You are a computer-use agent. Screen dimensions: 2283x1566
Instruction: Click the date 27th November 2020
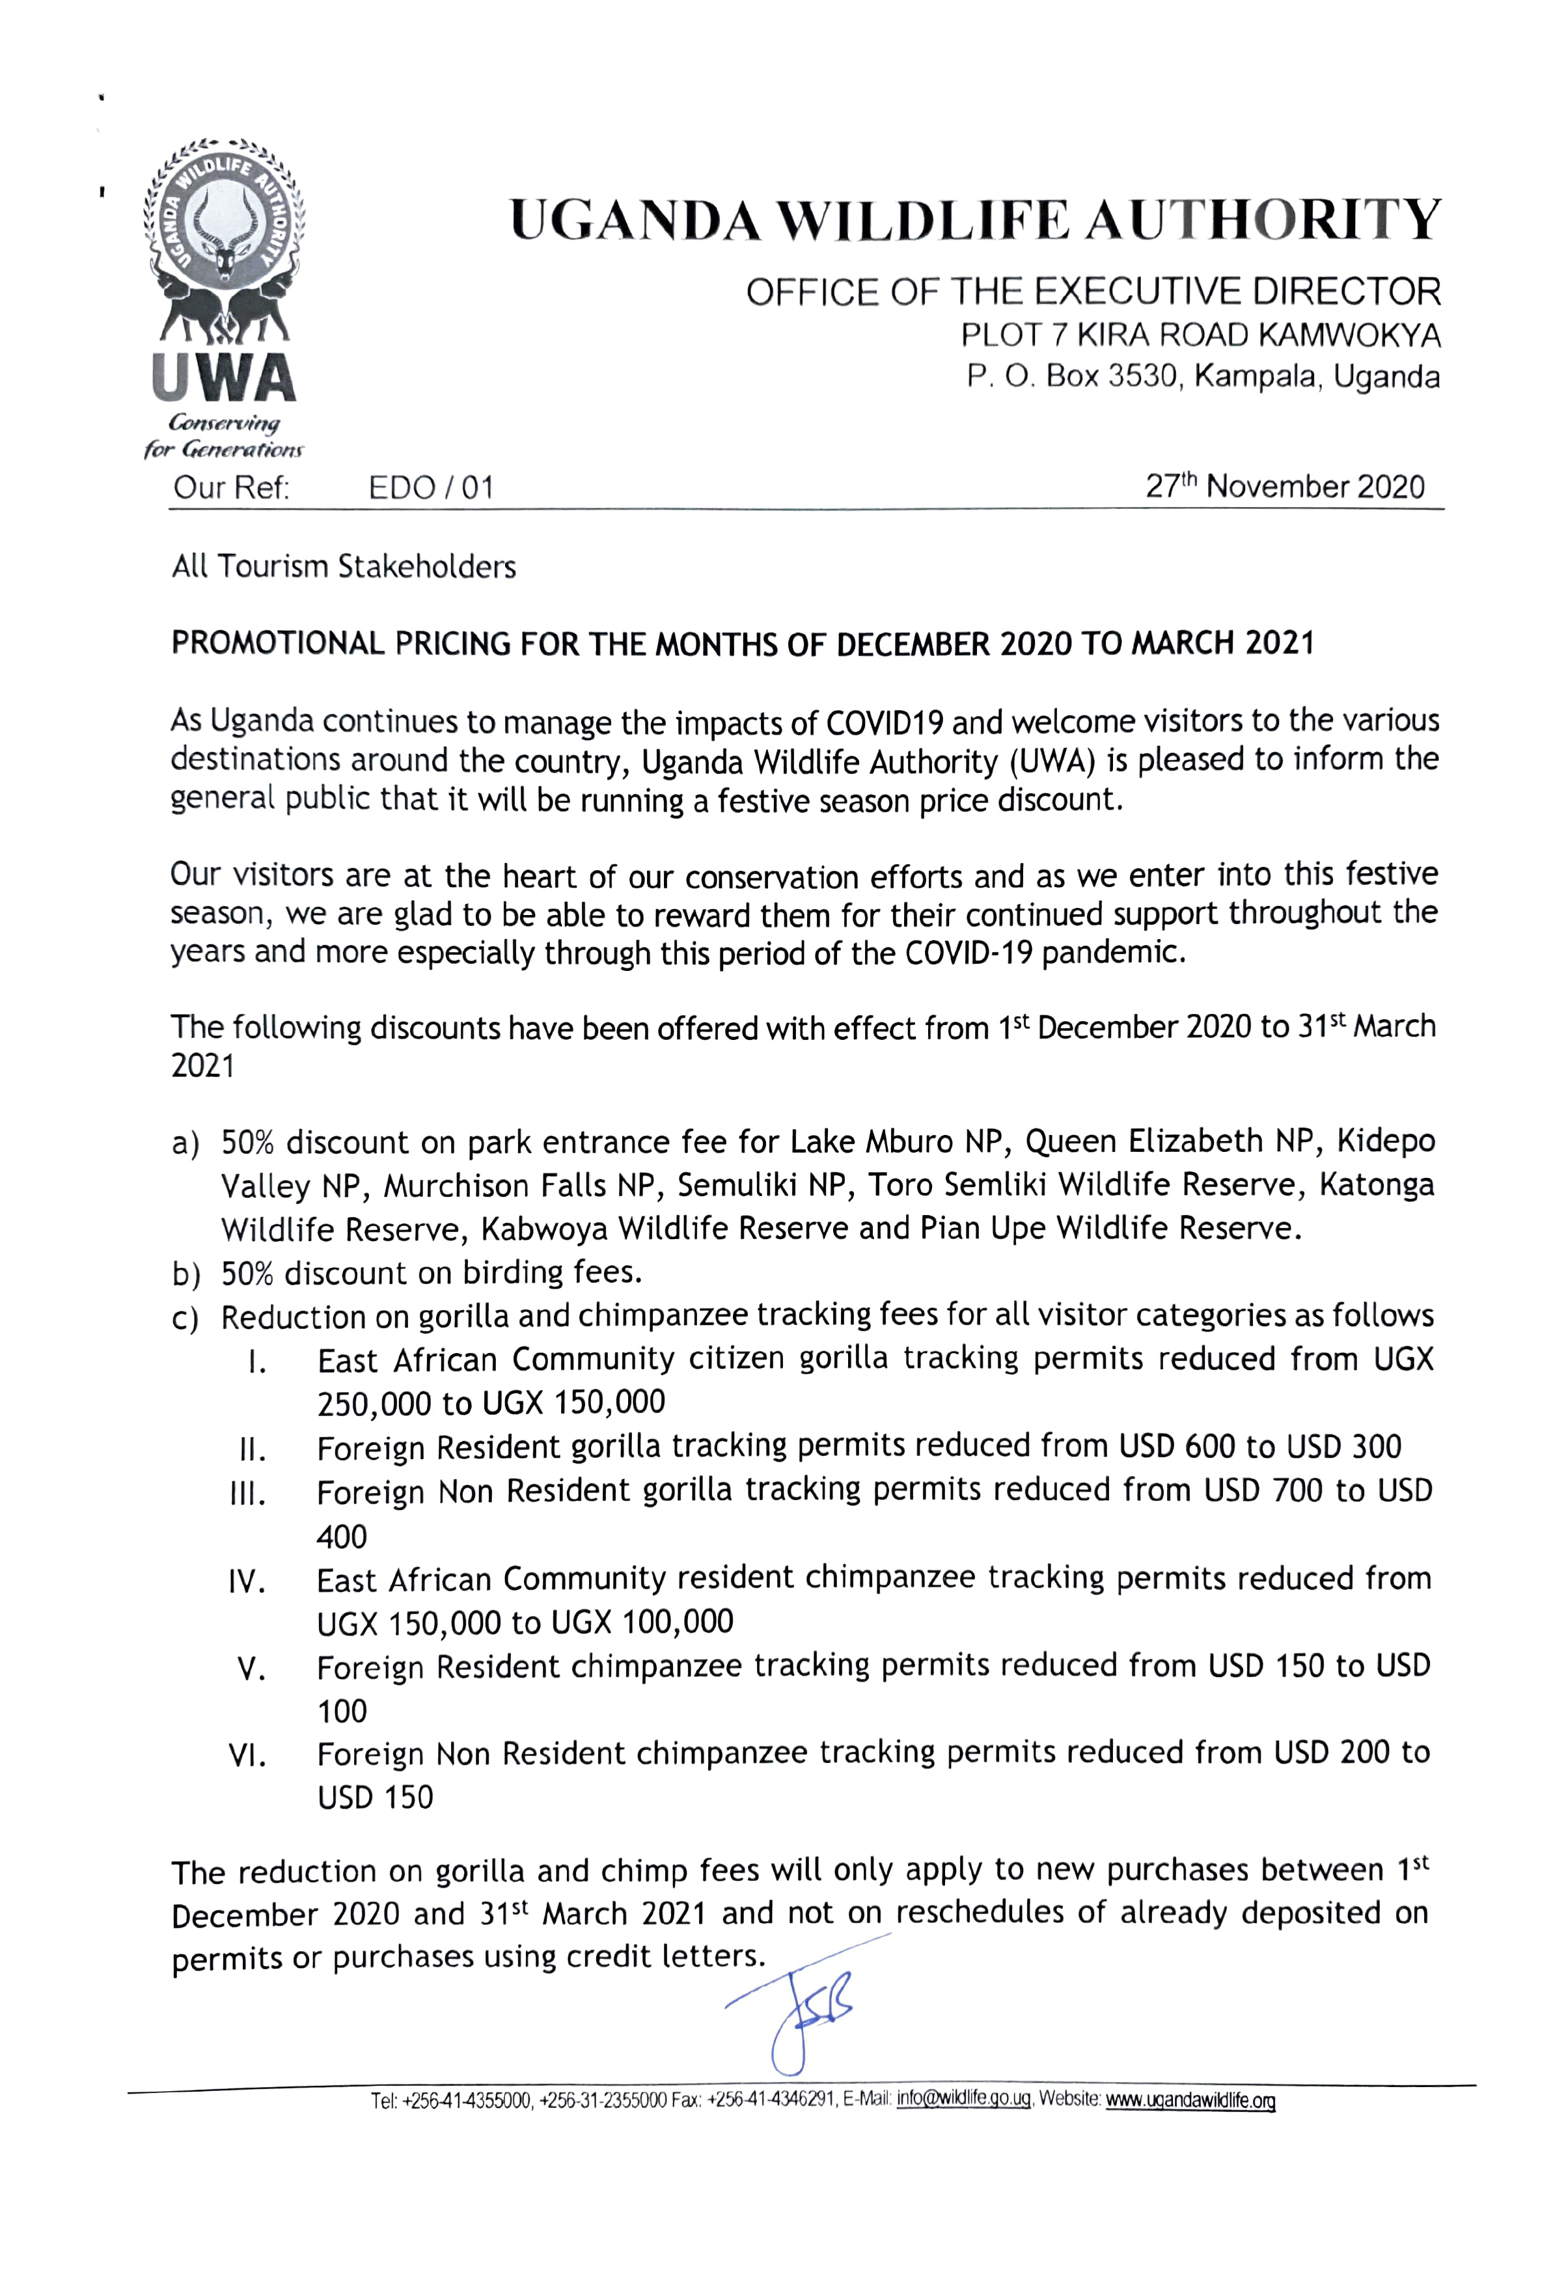click(x=1284, y=487)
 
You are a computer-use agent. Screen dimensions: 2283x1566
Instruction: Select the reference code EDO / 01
click(x=430, y=488)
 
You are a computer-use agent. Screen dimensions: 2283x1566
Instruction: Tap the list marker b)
click(x=187, y=1274)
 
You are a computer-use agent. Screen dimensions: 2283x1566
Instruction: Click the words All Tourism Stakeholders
click(x=344, y=567)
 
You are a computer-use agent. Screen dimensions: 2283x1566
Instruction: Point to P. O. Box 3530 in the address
click(x=1073, y=377)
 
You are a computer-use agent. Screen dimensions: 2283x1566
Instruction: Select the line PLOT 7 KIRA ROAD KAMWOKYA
click(x=1200, y=336)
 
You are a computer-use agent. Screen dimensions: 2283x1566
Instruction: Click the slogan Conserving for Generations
click(x=224, y=436)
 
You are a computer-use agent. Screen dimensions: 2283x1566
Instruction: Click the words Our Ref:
click(x=231, y=488)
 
